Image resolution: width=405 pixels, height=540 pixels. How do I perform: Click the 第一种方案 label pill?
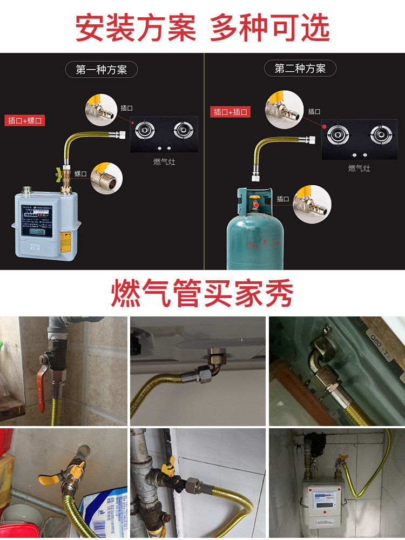tap(101, 70)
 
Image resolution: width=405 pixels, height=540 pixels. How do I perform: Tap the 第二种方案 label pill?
tap(300, 69)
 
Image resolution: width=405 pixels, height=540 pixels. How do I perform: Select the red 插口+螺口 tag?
tap(24, 120)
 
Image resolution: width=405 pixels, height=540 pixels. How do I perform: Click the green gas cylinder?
tap(254, 232)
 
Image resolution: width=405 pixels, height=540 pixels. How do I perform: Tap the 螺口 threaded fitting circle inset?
tap(106, 178)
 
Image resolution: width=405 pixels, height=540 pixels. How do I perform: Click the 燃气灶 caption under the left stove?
tap(164, 161)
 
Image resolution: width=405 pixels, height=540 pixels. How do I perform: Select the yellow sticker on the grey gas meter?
tap(66, 242)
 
